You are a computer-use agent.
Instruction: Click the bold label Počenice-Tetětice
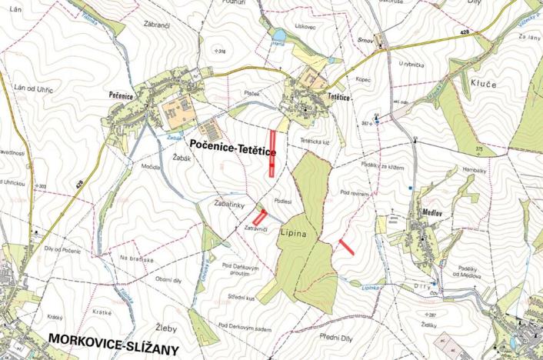tap(232, 145)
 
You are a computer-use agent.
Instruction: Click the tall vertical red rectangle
tap(272, 154)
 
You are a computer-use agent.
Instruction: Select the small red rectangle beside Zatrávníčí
tap(259, 218)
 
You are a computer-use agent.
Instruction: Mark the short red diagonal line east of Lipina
tap(347, 247)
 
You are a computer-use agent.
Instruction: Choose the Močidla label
tap(151, 166)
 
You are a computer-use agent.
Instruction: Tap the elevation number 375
tap(478, 148)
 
